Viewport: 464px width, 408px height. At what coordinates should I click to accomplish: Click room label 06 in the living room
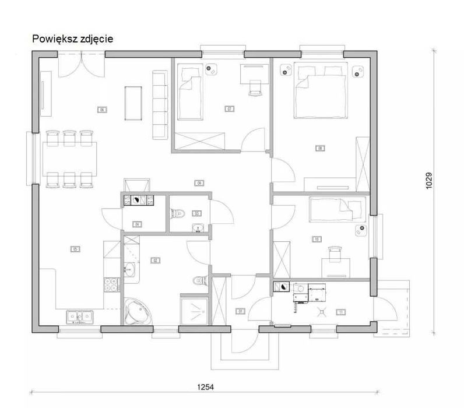click(101, 109)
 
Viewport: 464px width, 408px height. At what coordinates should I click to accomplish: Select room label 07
click(229, 109)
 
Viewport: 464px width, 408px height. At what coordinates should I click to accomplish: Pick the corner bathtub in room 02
click(138, 311)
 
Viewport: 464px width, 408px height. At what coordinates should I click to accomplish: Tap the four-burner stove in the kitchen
click(111, 284)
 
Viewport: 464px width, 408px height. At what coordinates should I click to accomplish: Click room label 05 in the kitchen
click(75, 249)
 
